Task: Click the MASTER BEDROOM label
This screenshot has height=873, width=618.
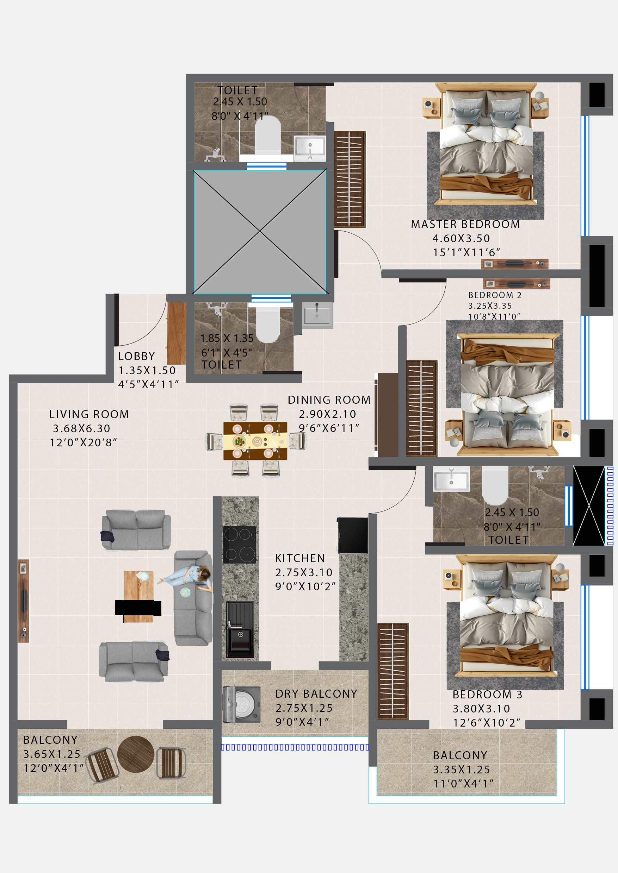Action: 465,224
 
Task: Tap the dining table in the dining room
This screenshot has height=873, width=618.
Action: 255,441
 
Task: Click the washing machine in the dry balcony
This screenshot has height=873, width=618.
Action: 241,704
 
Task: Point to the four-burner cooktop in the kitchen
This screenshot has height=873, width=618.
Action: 239,545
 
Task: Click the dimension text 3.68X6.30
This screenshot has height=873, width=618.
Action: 81,428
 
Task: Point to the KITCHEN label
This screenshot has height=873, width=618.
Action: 300,558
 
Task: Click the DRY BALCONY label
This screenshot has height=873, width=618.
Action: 316,694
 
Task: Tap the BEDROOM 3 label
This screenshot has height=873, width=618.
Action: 487,695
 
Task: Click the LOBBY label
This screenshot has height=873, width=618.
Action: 136,356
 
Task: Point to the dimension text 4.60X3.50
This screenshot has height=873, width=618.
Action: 461,238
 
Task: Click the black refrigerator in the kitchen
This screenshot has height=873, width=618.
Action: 353,535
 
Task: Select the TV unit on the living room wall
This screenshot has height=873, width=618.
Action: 23,601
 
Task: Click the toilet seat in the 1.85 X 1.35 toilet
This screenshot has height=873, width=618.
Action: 267,323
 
